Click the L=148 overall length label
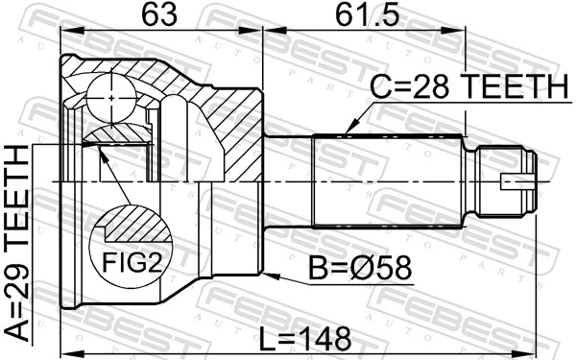click(x=306, y=338)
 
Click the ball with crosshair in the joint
click(x=113, y=96)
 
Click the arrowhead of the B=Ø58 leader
click(x=270, y=275)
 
